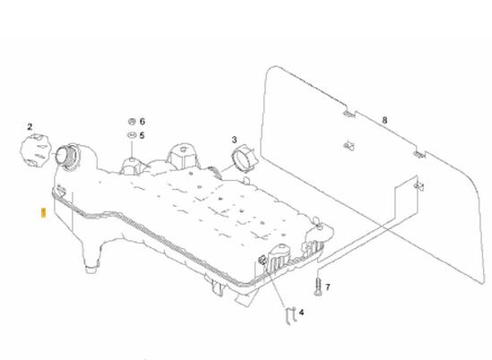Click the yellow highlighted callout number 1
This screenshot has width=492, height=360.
(x=44, y=212)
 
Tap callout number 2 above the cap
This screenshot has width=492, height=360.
(x=30, y=126)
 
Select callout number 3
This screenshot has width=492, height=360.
(x=234, y=140)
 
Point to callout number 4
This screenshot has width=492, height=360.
(x=301, y=313)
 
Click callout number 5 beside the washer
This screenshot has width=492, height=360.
(x=142, y=135)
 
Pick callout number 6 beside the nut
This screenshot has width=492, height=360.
(x=142, y=122)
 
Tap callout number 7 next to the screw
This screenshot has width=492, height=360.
(x=328, y=287)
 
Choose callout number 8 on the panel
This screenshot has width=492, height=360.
(x=384, y=120)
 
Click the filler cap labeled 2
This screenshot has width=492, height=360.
(x=36, y=150)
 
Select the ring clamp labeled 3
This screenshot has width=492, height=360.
(x=244, y=159)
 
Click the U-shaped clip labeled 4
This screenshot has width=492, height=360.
(x=291, y=316)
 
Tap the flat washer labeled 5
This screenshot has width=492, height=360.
(x=132, y=135)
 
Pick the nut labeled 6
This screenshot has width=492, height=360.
(x=132, y=121)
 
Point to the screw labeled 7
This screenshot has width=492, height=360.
(x=317, y=287)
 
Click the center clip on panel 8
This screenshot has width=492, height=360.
(x=349, y=145)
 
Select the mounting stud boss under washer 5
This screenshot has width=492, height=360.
(x=132, y=166)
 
